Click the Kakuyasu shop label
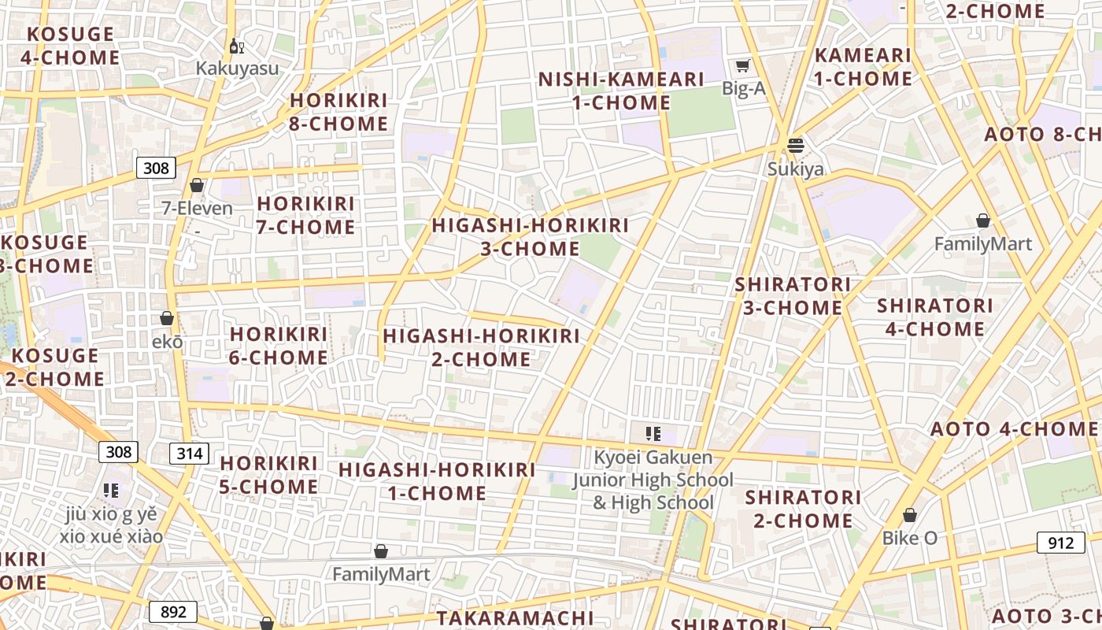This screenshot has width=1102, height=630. pos(237,68)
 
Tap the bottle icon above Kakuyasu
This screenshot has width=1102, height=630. pos(236,46)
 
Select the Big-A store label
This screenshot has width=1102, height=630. pos(743,88)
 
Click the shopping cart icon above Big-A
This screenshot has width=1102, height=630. pos(743,66)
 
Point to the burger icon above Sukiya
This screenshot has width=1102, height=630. pos(796,146)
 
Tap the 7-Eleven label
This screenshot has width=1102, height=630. pos(197,209)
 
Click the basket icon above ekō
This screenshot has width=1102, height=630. pos(167,319)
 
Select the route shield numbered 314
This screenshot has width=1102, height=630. pos(189,454)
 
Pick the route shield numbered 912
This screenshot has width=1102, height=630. pos(1060,543)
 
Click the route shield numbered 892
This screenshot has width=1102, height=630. pos(173,612)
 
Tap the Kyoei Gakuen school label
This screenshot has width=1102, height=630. pos(653,480)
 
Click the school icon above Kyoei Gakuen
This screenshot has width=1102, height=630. pos(653,433)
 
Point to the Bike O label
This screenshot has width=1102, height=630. pos(909,539)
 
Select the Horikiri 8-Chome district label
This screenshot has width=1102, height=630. pos(339,112)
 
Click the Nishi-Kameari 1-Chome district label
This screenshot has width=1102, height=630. pos(621,91)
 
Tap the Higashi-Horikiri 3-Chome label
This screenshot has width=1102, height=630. pos(530,237)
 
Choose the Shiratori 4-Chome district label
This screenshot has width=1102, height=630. pos(934,317)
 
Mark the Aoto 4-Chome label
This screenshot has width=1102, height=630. pos(1014,429)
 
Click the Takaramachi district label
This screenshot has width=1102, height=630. pos(515,618)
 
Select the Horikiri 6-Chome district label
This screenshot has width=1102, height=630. pos(279,346)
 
